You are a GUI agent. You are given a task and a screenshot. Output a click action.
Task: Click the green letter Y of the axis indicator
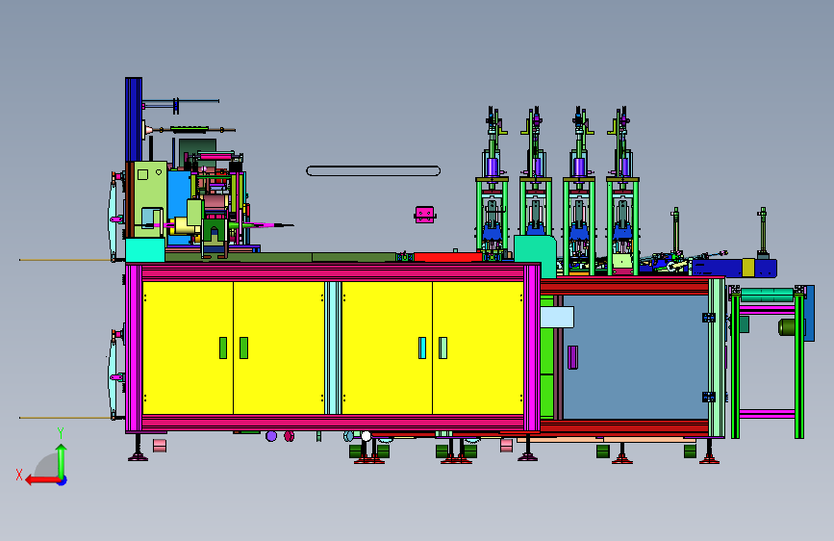click(61, 433)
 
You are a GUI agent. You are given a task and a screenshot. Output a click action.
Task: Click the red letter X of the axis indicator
click(19, 475)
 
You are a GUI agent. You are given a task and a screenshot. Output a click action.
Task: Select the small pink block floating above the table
click(424, 215)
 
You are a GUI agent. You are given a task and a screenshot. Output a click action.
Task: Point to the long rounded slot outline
click(373, 171)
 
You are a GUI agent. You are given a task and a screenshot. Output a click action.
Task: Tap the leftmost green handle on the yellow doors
click(223, 348)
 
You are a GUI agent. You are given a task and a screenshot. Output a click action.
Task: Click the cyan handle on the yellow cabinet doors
click(422, 348)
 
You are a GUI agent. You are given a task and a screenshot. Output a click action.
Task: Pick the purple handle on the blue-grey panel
click(573, 357)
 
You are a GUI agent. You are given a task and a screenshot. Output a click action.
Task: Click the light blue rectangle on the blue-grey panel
click(557, 318)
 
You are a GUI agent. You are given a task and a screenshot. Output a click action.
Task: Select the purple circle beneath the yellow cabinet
click(271, 437)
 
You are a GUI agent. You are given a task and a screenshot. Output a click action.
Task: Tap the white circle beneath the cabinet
click(366, 437)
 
